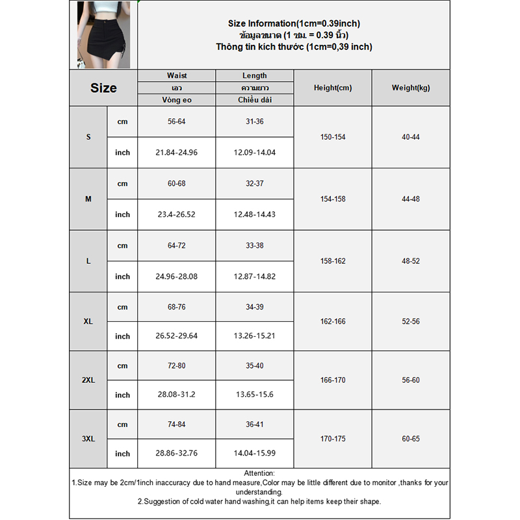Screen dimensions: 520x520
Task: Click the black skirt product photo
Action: coord(103,35)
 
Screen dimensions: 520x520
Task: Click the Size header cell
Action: coord(103,88)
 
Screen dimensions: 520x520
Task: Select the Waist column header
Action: coord(177,76)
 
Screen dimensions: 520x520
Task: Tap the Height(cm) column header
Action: coord(332,88)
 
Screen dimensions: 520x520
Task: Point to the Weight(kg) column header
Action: coord(410,88)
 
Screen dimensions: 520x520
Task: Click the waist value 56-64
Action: coord(177,122)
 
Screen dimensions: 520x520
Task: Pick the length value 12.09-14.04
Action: coord(254,153)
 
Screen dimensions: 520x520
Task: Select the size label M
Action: coord(88,199)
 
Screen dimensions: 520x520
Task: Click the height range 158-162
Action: coord(332,261)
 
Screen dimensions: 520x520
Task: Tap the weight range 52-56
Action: coord(410,321)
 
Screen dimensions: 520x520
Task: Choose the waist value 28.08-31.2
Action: coord(177,395)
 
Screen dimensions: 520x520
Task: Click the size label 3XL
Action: coord(88,439)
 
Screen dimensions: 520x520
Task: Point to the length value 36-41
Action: coord(254,424)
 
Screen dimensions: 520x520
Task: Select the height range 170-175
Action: coord(332,439)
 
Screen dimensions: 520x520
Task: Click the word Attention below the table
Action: coord(259,473)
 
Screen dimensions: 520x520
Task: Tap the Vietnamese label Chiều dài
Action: coord(254,99)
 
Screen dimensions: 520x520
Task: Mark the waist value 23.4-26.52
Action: coord(177,214)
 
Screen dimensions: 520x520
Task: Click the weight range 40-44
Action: coord(410,137)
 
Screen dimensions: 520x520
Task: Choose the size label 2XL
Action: coord(88,380)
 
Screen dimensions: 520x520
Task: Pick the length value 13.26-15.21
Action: coord(254,336)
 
